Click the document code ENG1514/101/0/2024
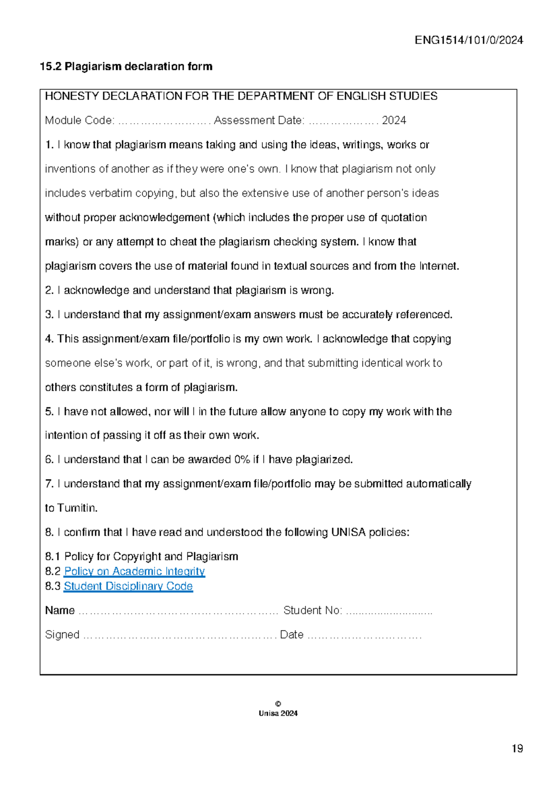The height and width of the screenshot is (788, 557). (469, 40)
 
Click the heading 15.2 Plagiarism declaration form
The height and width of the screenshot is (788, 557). (126, 66)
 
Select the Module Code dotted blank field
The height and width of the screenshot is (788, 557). (164, 122)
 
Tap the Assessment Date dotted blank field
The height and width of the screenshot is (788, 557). (343, 122)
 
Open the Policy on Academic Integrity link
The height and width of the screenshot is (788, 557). (135, 571)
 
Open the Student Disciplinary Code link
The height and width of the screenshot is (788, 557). (128, 586)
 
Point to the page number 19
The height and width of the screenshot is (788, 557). (517, 749)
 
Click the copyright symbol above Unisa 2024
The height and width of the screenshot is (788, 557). (278, 704)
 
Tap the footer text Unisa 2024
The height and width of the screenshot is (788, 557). (278, 713)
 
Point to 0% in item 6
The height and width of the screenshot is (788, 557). (242, 460)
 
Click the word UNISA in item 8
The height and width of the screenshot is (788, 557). (348, 532)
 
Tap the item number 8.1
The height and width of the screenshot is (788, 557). (52, 557)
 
